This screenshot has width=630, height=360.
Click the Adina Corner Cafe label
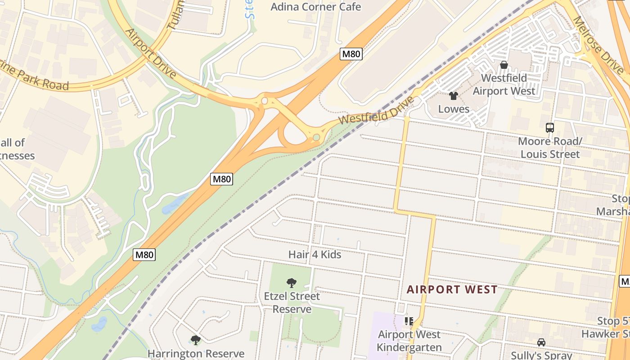point(315,7)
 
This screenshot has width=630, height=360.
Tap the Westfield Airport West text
point(504,85)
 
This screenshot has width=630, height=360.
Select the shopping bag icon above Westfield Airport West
point(504,65)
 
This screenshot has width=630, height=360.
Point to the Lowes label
point(454,109)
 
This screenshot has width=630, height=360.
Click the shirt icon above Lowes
point(454,95)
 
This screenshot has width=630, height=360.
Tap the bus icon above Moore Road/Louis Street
point(549,128)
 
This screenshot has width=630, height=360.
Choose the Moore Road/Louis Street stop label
point(550,148)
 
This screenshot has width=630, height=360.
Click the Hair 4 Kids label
point(315,255)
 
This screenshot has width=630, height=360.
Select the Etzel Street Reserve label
point(292,302)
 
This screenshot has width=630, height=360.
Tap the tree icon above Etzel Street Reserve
point(292,283)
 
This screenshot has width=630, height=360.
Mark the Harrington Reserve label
point(196,354)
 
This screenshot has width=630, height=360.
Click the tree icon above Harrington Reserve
point(195,340)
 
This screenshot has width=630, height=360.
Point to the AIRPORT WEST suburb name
point(452,289)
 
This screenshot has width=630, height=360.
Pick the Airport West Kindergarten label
point(409,341)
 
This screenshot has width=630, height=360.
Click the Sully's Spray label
point(541,355)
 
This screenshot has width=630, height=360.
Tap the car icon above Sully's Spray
point(541,342)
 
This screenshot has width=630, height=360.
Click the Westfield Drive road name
point(376,111)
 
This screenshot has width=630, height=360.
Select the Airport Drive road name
point(150,53)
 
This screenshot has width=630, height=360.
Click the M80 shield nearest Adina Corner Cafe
point(351,54)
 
